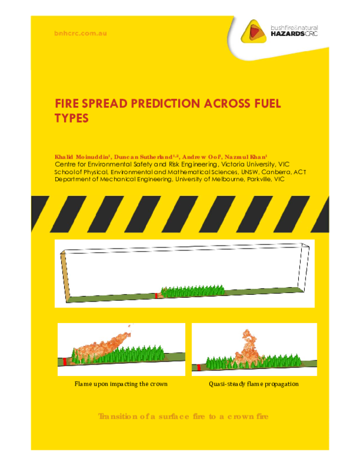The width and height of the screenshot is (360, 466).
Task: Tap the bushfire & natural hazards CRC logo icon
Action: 254,31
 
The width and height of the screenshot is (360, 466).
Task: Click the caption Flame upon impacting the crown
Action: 121,383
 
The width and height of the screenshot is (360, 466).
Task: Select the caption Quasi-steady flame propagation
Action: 253,383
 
